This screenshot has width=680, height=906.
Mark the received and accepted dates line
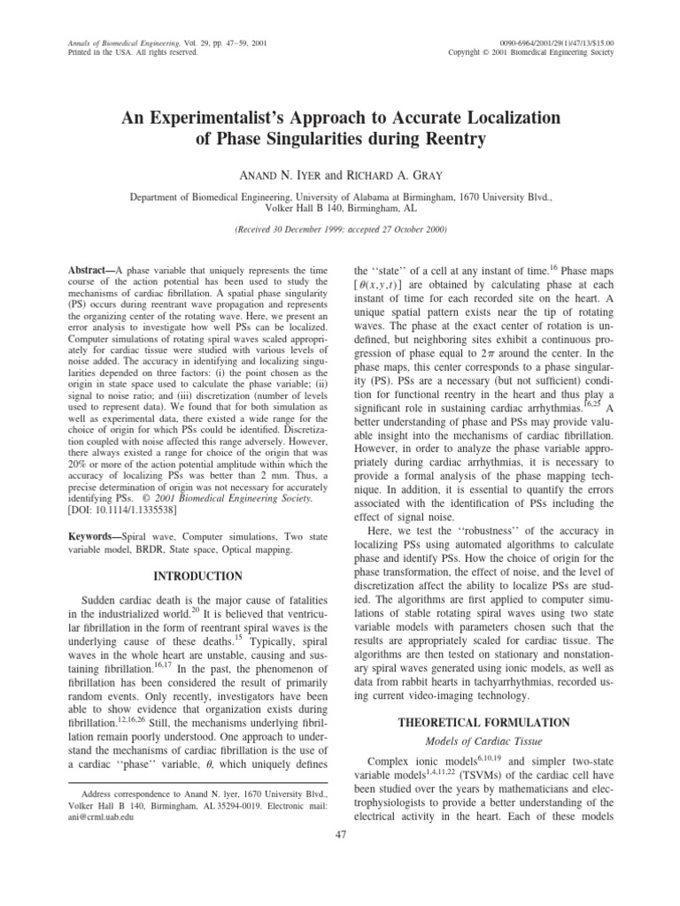(x=340, y=229)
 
